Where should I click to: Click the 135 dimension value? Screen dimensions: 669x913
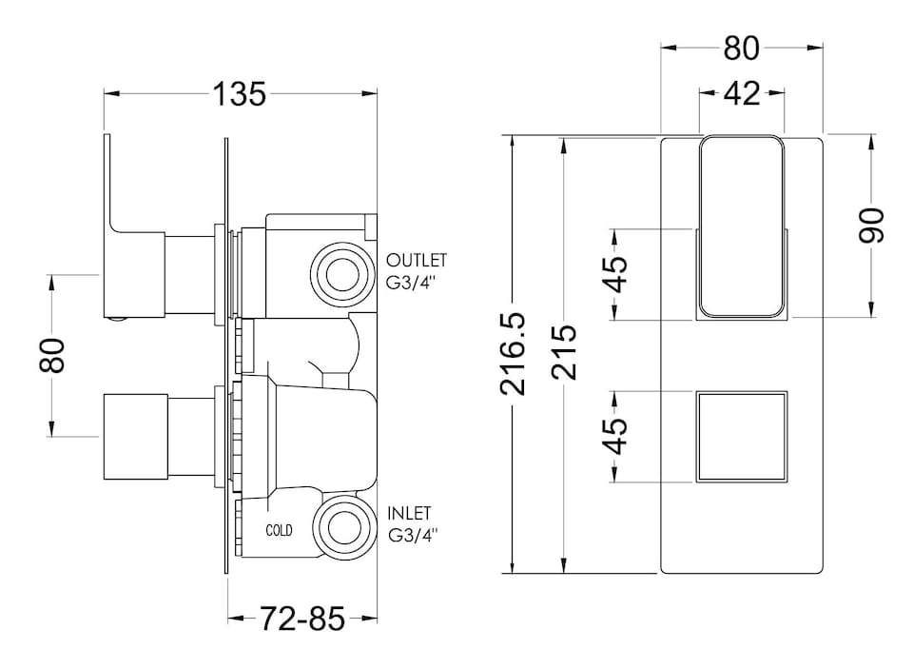[239, 94]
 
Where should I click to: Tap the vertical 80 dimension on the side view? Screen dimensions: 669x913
[54, 356]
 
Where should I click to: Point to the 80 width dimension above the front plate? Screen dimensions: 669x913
[741, 48]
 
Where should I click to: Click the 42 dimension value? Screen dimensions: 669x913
[742, 93]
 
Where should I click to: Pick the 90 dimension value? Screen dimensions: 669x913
[872, 226]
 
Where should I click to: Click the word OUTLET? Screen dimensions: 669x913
[416, 260]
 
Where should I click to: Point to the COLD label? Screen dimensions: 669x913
[280, 530]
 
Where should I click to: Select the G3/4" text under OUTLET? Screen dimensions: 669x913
[415, 282]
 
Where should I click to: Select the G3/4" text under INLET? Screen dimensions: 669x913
[415, 536]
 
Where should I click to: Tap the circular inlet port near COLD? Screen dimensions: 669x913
[340, 528]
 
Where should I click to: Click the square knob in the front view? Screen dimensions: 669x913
[742, 436]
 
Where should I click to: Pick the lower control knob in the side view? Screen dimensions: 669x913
[136, 435]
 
